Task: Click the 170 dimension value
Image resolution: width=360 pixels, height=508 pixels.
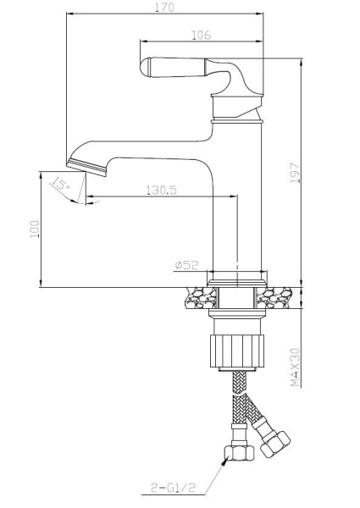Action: pos(164,7)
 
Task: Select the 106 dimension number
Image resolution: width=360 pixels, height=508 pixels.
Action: pos(202,35)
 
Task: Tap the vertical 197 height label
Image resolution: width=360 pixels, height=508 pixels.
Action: pos(295,173)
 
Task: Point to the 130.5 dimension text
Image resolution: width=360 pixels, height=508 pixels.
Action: pos(162,190)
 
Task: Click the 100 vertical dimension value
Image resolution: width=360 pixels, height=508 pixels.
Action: pos(35,229)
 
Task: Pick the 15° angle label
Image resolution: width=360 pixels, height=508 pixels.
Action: pos(60,184)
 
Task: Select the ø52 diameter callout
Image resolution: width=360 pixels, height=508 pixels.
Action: pos(186,265)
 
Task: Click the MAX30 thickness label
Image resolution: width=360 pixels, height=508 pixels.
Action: pos(295,367)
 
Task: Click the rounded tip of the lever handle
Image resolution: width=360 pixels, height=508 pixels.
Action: pos(146,66)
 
